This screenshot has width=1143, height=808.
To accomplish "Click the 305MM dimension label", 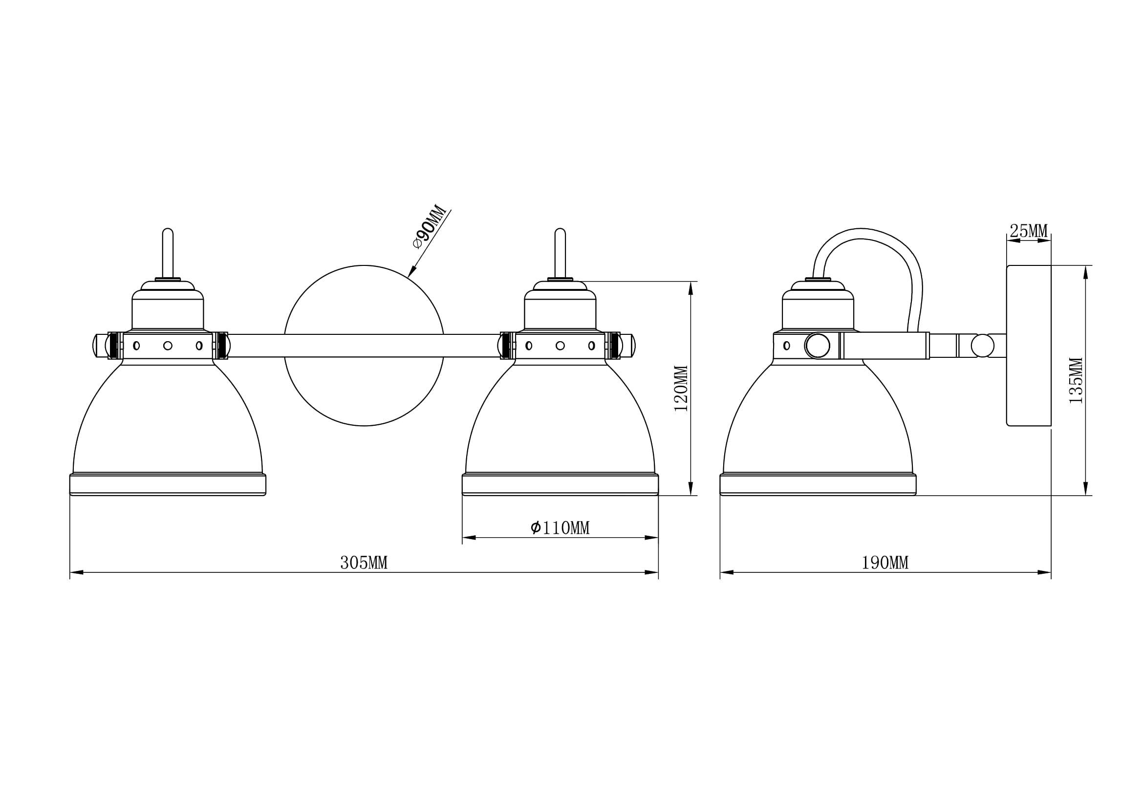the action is coord(364,563).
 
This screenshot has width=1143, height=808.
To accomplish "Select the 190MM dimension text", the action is coord(885,563).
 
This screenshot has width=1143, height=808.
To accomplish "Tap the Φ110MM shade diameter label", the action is coord(560,528).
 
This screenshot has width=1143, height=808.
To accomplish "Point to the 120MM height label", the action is coord(681,388).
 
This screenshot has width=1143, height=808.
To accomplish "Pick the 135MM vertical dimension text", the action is coord(1076,380).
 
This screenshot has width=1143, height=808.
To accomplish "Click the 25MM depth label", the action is coord(1029,231).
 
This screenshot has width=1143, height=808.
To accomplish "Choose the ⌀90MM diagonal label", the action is coord(429,226).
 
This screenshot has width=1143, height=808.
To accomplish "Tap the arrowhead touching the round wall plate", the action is coord(411,272).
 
